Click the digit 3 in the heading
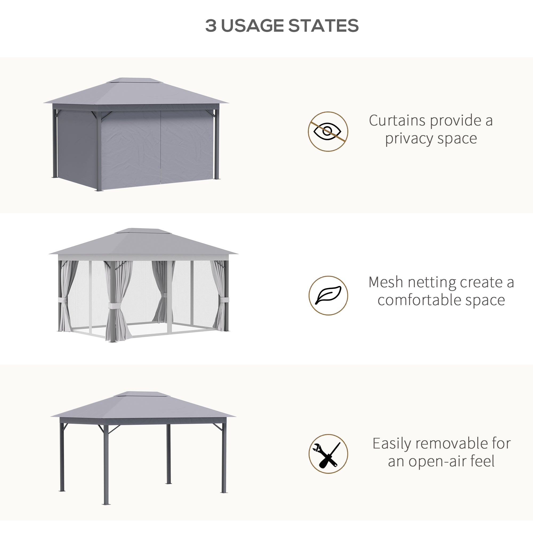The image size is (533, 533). click(211, 26)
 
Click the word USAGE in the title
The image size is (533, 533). click(252, 26)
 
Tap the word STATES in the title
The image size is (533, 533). click(324, 26)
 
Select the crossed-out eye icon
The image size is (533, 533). click(328, 131)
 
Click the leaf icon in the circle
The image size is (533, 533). click(328, 295)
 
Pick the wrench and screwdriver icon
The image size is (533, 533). click(328, 454)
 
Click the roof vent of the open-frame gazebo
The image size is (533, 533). click(141, 394)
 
